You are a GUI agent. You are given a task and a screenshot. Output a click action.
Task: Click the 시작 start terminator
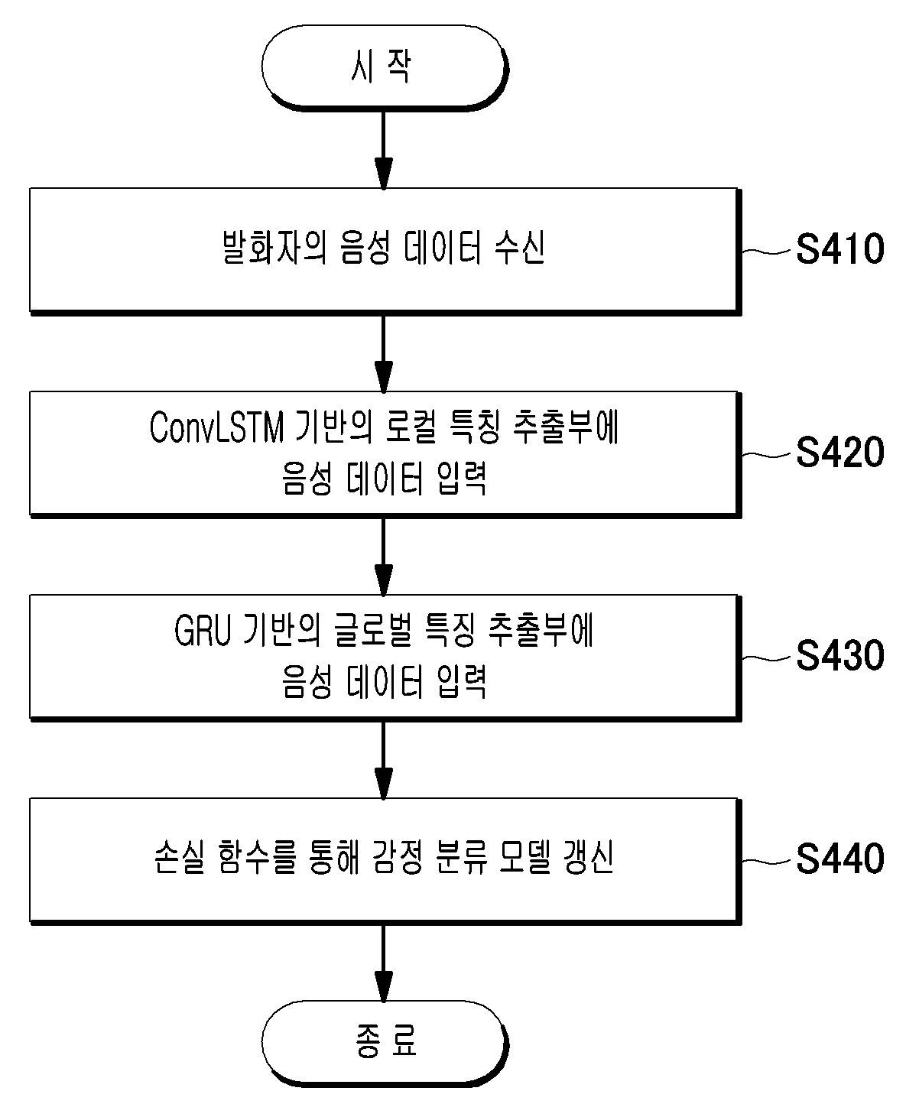pyautogui.click(x=384, y=67)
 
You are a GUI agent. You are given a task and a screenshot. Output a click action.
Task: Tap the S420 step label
pyautogui.click(x=839, y=452)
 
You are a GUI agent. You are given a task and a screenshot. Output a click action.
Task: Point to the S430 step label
pyautogui.click(x=839, y=655)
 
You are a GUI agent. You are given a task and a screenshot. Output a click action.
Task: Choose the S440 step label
pyautogui.click(x=839, y=859)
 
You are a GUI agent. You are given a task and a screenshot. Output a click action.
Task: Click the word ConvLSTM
pyautogui.click(x=216, y=427)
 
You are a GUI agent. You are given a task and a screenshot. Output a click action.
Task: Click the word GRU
pyautogui.click(x=202, y=630)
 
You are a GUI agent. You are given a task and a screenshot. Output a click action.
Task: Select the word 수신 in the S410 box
pyautogui.click(x=520, y=248)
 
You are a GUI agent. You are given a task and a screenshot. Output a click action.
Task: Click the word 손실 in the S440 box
pyautogui.click(x=179, y=858)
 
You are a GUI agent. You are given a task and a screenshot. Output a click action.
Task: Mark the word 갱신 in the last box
pyautogui.click(x=588, y=858)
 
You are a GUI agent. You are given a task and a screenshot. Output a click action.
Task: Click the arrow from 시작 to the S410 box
pyautogui.click(x=384, y=150)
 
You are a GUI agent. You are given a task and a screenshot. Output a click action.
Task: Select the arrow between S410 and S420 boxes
pyautogui.click(x=384, y=354)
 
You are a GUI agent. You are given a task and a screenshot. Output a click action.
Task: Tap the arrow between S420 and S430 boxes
pyautogui.click(x=384, y=557)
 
